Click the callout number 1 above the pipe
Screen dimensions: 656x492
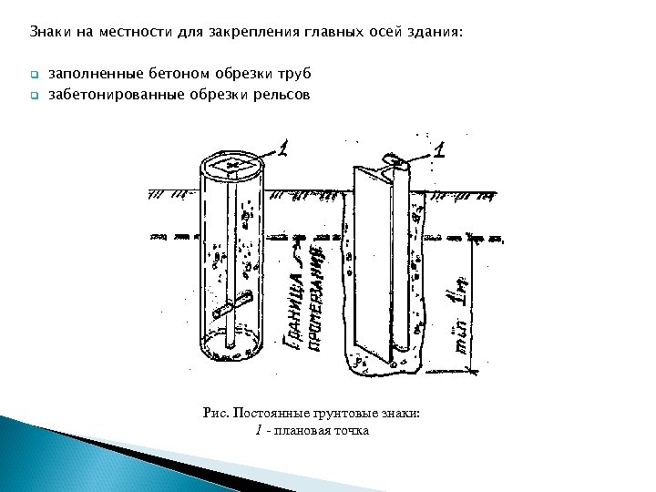tap(283, 149)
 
